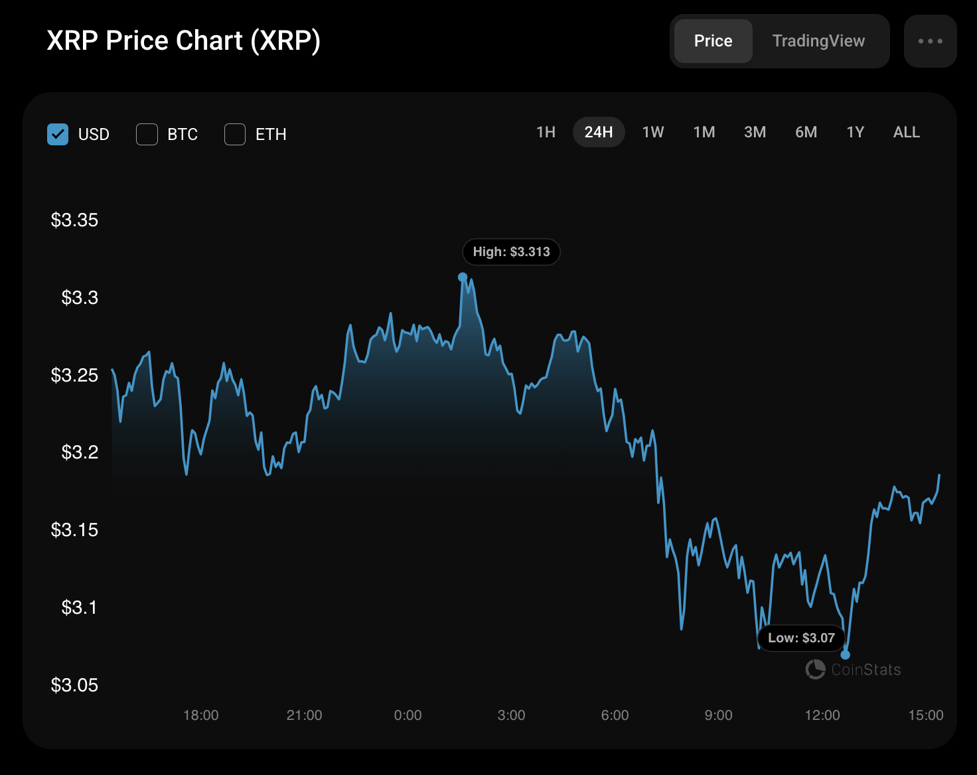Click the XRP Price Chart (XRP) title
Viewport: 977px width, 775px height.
tap(183, 41)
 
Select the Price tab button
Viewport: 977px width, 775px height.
tap(713, 41)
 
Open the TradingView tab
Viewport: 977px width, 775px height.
tap(818, 41)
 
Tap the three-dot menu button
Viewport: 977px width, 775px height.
tap(931, 41)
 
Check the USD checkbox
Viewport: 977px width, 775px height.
tap(58, 135)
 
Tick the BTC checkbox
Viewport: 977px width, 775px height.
tap(147, 135)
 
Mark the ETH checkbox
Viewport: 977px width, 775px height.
tap(235, 135)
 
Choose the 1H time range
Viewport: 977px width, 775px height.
tap(546, 132)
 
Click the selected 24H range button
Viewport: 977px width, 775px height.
tap(599, 132)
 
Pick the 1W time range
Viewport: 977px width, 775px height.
tap(653, 132)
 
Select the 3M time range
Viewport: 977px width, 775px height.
tap(755, 132)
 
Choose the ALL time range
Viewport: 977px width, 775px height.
tap(906, 132)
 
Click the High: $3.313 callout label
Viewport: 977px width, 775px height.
tap(511, 251)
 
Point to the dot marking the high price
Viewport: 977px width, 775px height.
tap(462, 277)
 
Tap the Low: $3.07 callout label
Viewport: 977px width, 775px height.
tap(801, 638)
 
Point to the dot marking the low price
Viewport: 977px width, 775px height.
tap(845, 655)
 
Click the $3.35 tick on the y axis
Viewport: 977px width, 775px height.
tap(74, 220)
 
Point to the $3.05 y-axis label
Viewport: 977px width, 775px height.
tap(74, 685)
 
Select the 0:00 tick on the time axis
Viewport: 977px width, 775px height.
tap(408, 715)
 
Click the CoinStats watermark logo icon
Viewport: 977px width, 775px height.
tap(815, 669)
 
